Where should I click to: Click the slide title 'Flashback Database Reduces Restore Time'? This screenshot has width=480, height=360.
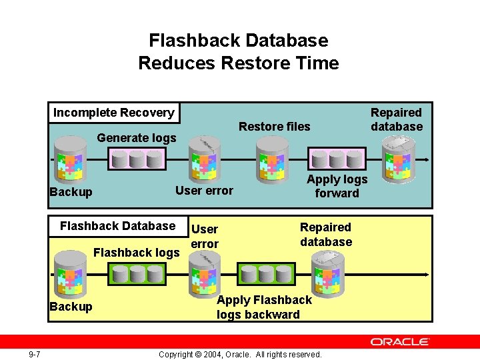(239, 52)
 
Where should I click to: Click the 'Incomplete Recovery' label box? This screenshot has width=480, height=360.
(114, 113)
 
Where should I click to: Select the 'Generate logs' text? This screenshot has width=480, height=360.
(137, 138)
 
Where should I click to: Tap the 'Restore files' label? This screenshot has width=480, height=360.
(274, 127)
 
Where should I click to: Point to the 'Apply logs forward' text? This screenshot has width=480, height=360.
(337, 186)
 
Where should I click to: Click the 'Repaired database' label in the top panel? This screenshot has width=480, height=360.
(397, 119)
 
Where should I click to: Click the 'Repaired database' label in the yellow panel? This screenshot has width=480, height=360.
(325, 235)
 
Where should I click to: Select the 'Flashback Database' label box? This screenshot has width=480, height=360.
(117, 226)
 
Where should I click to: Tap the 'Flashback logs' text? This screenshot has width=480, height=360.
(137, 252)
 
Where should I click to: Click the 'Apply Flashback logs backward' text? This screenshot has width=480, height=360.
(263, 307)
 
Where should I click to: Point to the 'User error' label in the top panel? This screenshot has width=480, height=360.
(204, 191)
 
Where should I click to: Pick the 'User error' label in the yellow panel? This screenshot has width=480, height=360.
(204, 236)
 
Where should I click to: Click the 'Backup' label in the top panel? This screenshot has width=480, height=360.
(71, 192)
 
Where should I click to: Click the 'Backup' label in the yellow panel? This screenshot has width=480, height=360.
(71, 307)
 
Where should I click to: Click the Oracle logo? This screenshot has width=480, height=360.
(399, 341)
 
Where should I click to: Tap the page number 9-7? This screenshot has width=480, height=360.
(34, 354)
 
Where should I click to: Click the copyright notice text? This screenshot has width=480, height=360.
(240, 354)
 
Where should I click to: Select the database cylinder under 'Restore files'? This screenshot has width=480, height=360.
(271, 159)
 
